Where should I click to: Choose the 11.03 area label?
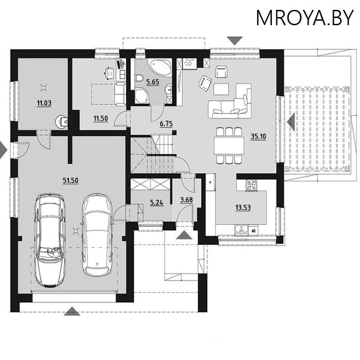44,103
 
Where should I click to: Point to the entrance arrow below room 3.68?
183,235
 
